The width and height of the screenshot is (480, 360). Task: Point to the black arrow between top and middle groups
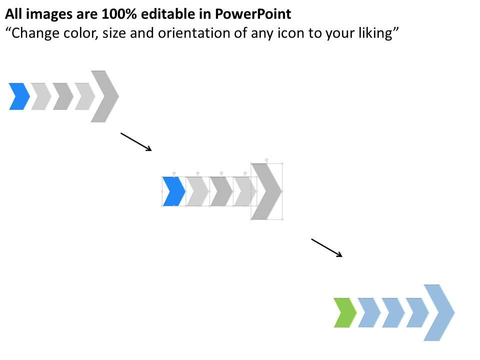(x=136, y=141)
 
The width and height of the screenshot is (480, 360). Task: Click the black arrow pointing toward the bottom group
(x=327, y=248)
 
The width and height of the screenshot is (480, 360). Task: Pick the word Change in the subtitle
(x=32, y=33)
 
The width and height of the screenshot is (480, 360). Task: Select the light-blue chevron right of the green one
(x=369, y=312)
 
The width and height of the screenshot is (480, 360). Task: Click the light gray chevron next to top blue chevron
(x=41, y=96)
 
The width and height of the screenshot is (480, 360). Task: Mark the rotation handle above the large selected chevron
(x=266, y=159)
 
